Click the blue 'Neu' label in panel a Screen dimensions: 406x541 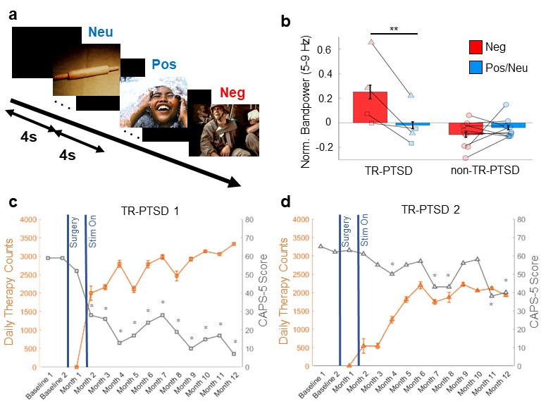[100, 32]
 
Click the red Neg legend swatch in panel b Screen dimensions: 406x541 [479, 48]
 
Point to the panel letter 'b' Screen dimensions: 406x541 [285, 22]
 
